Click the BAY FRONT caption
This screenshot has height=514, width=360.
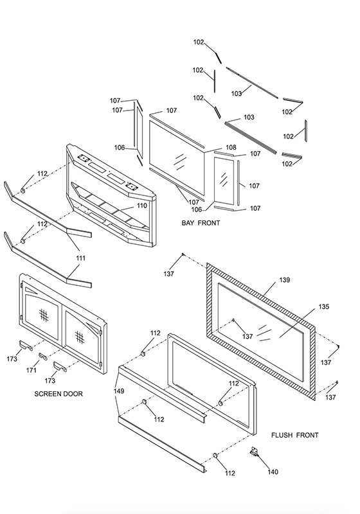(x=201, y=223)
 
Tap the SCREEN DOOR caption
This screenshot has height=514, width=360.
(x=59, y=394)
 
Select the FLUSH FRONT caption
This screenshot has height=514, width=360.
(x=295, y=435)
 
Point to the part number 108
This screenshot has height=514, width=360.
(x=231, y=147)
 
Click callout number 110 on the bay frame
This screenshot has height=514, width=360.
(x=141, y=206)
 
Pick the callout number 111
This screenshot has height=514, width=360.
(x=80, y=258)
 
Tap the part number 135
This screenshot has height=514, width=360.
(x=323, y=306)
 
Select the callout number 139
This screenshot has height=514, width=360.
(x=285, y=279)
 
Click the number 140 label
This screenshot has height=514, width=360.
(x=273, y=472)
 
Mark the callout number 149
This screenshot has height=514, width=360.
(x=119, y=391)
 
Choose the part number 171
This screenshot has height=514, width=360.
(x=31, y=370)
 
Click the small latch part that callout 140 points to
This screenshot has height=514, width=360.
(x=254, y=452)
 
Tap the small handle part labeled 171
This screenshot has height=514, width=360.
(x=43, y=356)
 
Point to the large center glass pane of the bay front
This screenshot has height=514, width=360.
(x=177, y=157)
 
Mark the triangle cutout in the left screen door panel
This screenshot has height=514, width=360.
(x=30, y=290)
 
